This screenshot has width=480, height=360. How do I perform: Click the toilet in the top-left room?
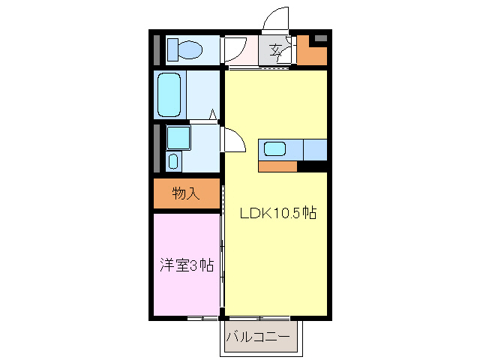pos(187,50)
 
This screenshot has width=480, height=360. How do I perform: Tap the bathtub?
pos(170,94)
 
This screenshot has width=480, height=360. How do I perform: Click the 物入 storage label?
pos(186,193)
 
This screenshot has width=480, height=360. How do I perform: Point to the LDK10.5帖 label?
pos(277,213)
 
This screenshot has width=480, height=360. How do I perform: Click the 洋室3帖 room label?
pos(186,265)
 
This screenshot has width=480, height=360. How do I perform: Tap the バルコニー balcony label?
pos(257,337)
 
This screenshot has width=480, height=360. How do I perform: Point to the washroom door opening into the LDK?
pos(234,139)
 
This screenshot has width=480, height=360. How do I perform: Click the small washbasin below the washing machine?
pos(174,161)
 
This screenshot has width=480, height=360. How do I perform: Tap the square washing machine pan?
pos(178,137)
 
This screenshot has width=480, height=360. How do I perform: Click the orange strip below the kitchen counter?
pos(277,166)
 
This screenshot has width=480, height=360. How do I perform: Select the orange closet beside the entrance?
pos(312,52)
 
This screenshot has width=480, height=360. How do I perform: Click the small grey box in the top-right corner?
pos(320,37)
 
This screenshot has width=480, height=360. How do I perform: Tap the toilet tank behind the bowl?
pos(172,50)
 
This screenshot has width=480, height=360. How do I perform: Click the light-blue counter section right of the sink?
pos(315,149)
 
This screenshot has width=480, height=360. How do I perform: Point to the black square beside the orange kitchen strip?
pos(312,166)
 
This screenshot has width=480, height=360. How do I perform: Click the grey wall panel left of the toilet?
pos(157,50)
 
